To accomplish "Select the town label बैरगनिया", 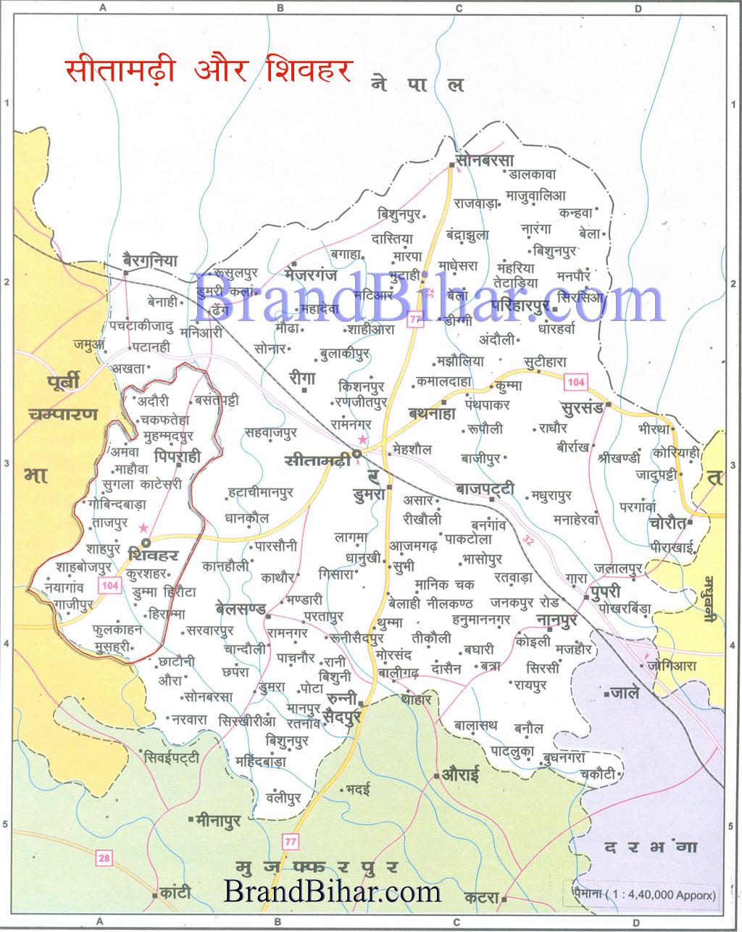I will (x=150, y=261).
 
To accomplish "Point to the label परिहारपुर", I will (x=520, y=307).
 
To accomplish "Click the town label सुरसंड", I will (x=582, y=407).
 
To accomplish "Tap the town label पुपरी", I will (x=606, y=591).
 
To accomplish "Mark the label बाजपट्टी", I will (x=485, y=490).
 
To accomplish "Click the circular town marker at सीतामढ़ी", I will (x=357, y=454).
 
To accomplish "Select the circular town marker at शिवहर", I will (x=146, y=542).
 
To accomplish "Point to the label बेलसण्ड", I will (x=241, y=608).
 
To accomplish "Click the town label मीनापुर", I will (x=218, y=820).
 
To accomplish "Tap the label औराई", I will (x=461, y=774).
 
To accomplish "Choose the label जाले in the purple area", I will (x=624, y=693).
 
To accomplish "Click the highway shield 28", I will (x=104, y=858).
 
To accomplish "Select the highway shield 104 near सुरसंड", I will (x=575, y=382).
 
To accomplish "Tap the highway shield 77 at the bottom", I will (x=291, y=841).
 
